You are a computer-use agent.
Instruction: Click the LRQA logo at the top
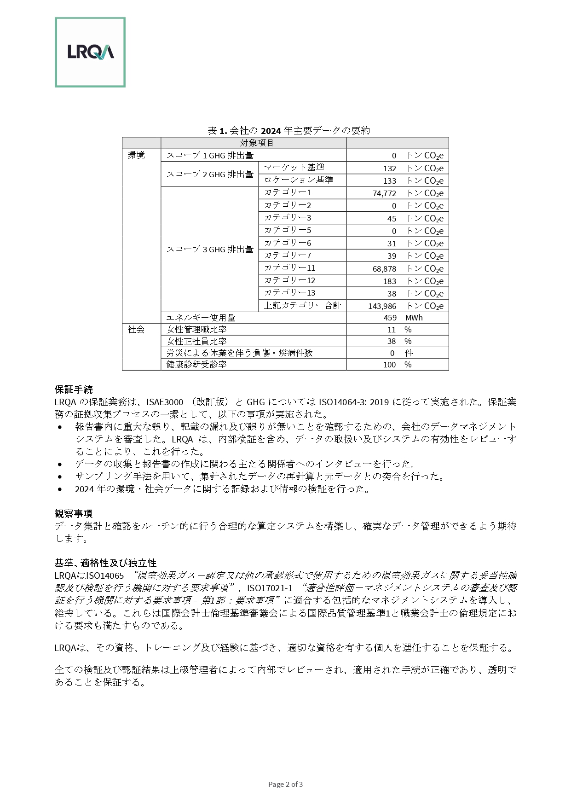(x=90, y=52)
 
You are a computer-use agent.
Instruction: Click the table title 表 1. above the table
(x=288, y=131)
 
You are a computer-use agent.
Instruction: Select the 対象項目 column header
(x=257, y=143)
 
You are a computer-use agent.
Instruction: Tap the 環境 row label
(x=136, y=155)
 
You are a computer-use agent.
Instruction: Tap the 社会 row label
(x=136, y=330)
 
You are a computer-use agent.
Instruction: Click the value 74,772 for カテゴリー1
(x=384, y=193)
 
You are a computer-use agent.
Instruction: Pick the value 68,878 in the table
(x=384, y=268)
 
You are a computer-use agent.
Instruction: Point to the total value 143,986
(x=382, y=306)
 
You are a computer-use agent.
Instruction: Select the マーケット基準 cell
(x=294, y=168)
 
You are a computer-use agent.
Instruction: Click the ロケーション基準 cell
(x=298, y=180)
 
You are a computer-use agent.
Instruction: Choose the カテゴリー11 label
(x=289, y=268)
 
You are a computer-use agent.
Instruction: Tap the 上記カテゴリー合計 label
(x=302, y=306)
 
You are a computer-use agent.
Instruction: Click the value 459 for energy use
(x=390, y=318)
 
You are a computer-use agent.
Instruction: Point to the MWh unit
(x=414, y=318)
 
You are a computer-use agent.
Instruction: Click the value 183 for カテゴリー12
(x=389, y=281)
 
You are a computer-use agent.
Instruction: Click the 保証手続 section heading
(x=74, y=389)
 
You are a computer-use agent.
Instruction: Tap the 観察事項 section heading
(x=74, y=513)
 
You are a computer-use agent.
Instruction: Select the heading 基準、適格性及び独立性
(x=105, y=563)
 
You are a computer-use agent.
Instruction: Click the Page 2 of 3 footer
(x=285, y=785)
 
